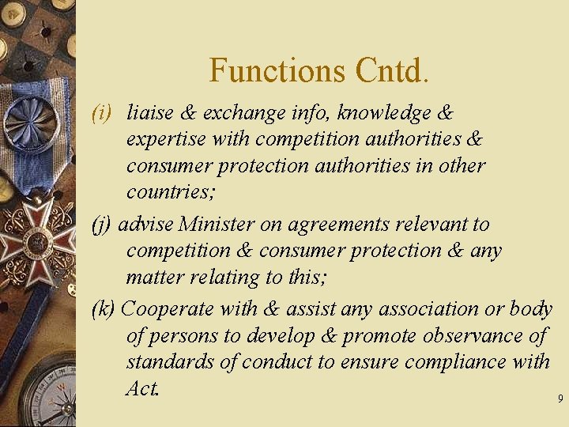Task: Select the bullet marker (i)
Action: tap(104, 113)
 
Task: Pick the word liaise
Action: tap(150, 113)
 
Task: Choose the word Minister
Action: tap(217, 225)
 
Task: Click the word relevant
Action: tap(431, 225)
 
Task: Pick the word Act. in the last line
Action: tap(142, 389)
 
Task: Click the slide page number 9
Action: tap(560, 399)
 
